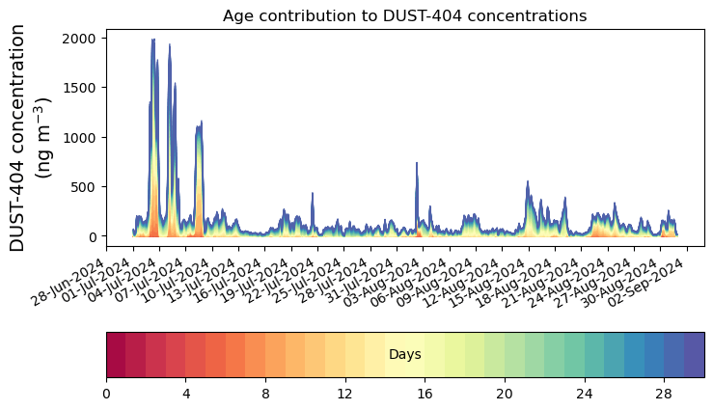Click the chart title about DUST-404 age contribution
pyautogui.click(x=404, y=15)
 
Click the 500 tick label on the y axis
pyautogui.click(x=86, y=187)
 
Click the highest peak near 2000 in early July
pyautogui.click(x=152, y=41)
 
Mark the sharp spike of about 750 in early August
pyautogui.click(x=417, y=164)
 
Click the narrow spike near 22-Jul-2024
pyautogui.click(x=313, y=194)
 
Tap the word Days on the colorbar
pyautogui.click(x=404, y=355)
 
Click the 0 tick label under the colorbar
pyautogui.click(x=106, y=394)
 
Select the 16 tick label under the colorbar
pyautogui.click(x=425, y=394)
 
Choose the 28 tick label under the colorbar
pyautogui.click(x=664, y=394)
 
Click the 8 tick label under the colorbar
pyautogui.click(x=265, y=394)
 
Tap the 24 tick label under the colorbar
pyautogui.click(x=584, y=394)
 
